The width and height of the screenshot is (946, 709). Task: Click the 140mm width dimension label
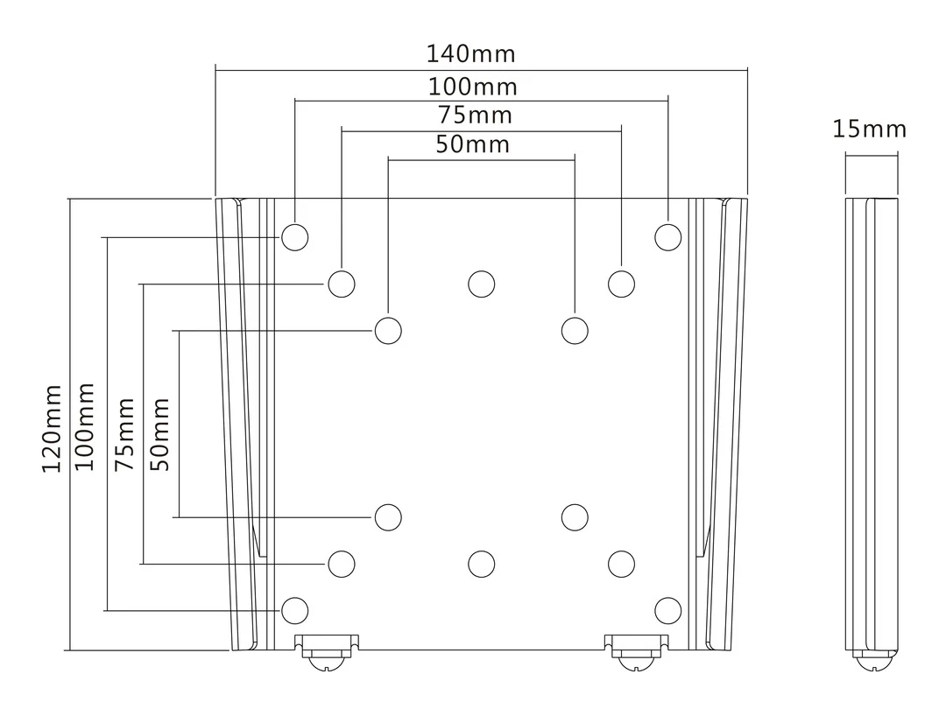click(471, 54)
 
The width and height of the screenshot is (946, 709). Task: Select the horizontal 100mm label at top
click(473, 88)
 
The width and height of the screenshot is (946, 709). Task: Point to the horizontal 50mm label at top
click(472, 144)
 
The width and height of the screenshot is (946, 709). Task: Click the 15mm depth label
click(869, 130)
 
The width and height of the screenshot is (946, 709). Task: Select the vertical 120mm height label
click(53, 427)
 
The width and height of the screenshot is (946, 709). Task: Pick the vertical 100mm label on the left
click(84, 425)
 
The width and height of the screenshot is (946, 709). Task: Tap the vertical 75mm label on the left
click(126, 433)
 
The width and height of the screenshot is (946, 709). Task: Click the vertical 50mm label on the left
click(160, 433)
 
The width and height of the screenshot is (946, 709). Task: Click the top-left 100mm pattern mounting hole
click(295, 237)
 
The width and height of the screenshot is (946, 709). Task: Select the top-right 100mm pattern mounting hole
click(668, 237)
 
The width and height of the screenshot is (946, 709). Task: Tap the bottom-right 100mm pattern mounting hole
click(668, 609)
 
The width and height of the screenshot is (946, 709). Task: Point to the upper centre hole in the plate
click(481, 284)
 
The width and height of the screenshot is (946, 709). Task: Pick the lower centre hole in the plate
click(481, 564)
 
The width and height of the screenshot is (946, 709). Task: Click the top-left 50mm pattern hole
click(388, 331)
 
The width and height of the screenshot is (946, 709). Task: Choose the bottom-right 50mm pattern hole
click(575, 517)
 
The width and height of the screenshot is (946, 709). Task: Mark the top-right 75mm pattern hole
click(621, 284)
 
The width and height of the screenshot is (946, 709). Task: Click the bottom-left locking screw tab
click(326, 649)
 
